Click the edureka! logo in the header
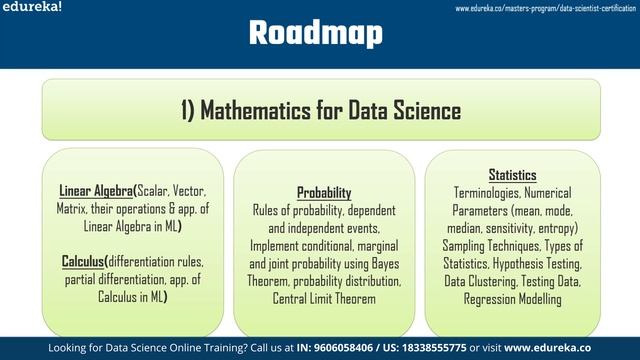31,7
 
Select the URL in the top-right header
545,8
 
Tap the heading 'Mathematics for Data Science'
321,110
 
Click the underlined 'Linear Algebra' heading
97,191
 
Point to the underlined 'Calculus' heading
84,261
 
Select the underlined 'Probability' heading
324,192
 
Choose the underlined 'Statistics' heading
512,174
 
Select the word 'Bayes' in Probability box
378,264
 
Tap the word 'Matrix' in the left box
73,209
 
